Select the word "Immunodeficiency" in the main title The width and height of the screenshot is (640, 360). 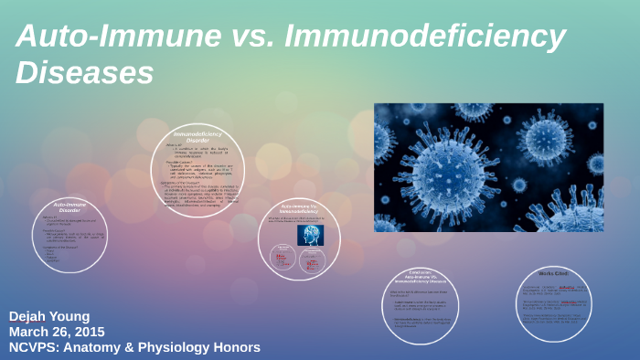(x=426, y=37)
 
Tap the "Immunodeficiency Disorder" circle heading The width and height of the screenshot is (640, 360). (x=198, y=139)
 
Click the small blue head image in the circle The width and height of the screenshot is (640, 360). (x=310, y=235)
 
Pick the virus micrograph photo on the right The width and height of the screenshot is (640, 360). (x=488, y=167)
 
